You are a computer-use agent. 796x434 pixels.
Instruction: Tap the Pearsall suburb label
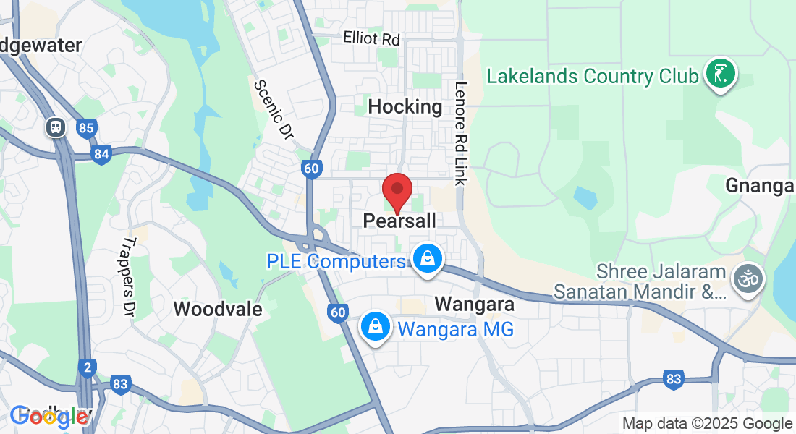pyautogui.click(x=400, y=221)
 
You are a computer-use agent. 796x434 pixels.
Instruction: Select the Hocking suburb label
pyautogui.click(x=405, y=107)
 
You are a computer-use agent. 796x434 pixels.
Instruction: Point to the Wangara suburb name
pyautogui.click(x=474, y=305)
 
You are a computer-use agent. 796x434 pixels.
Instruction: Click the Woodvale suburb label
pyautogui.click(x=217, y=310)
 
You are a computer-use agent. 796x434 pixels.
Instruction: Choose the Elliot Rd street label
pyautogui.click(x=371, y=38)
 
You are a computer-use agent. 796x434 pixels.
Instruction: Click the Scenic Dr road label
pyautogui.click(x=271, y=109)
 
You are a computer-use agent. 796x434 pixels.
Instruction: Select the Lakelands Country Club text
pyautogui.click(x=593, y=76)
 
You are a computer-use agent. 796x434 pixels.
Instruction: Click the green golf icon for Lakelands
pyautogui.click(x=721, y=74)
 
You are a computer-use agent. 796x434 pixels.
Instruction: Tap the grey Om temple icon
pyautogui.click(x=748, y=278)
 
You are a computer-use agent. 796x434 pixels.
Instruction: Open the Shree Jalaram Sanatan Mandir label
pyautogui.click(x=640, y=282)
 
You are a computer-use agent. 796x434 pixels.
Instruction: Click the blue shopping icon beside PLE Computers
pyautogui.click(x=428, y=258)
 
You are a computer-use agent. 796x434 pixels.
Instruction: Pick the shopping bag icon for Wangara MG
pyautogui.click(x=376, y=326)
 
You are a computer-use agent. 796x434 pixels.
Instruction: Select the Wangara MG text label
pyautogui.click(x=455, y=330)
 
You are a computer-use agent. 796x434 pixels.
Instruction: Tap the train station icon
pyautogui.click(x=55, y=128)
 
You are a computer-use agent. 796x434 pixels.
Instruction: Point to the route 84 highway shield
pyautogui.click(x=101, y=153)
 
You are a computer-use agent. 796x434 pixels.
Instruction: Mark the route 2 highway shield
pyautogui.click(x=87, y=368)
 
